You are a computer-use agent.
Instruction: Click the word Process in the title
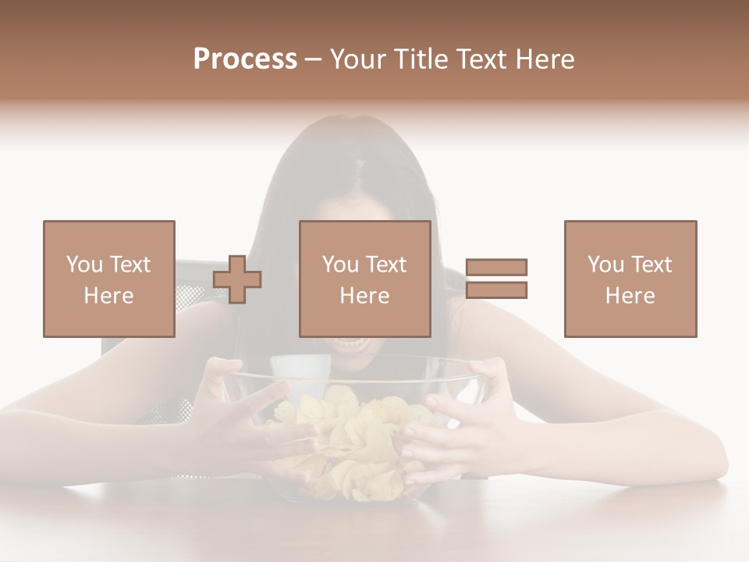coord(245,59)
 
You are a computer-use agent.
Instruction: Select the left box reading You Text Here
coord(109,279)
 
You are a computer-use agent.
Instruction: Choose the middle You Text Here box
coord(365,279)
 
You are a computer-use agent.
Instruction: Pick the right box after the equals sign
coord(630,279)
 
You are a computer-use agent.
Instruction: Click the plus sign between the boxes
coord(237,279)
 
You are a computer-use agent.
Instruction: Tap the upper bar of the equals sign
coord(496,267)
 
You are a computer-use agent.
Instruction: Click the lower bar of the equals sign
coord(496,290)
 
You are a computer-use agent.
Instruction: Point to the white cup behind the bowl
coord(300,372)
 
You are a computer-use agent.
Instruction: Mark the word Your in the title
coord(356,59)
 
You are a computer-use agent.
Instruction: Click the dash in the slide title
coord(314,59)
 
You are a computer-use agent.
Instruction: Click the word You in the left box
coord(84,265)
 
